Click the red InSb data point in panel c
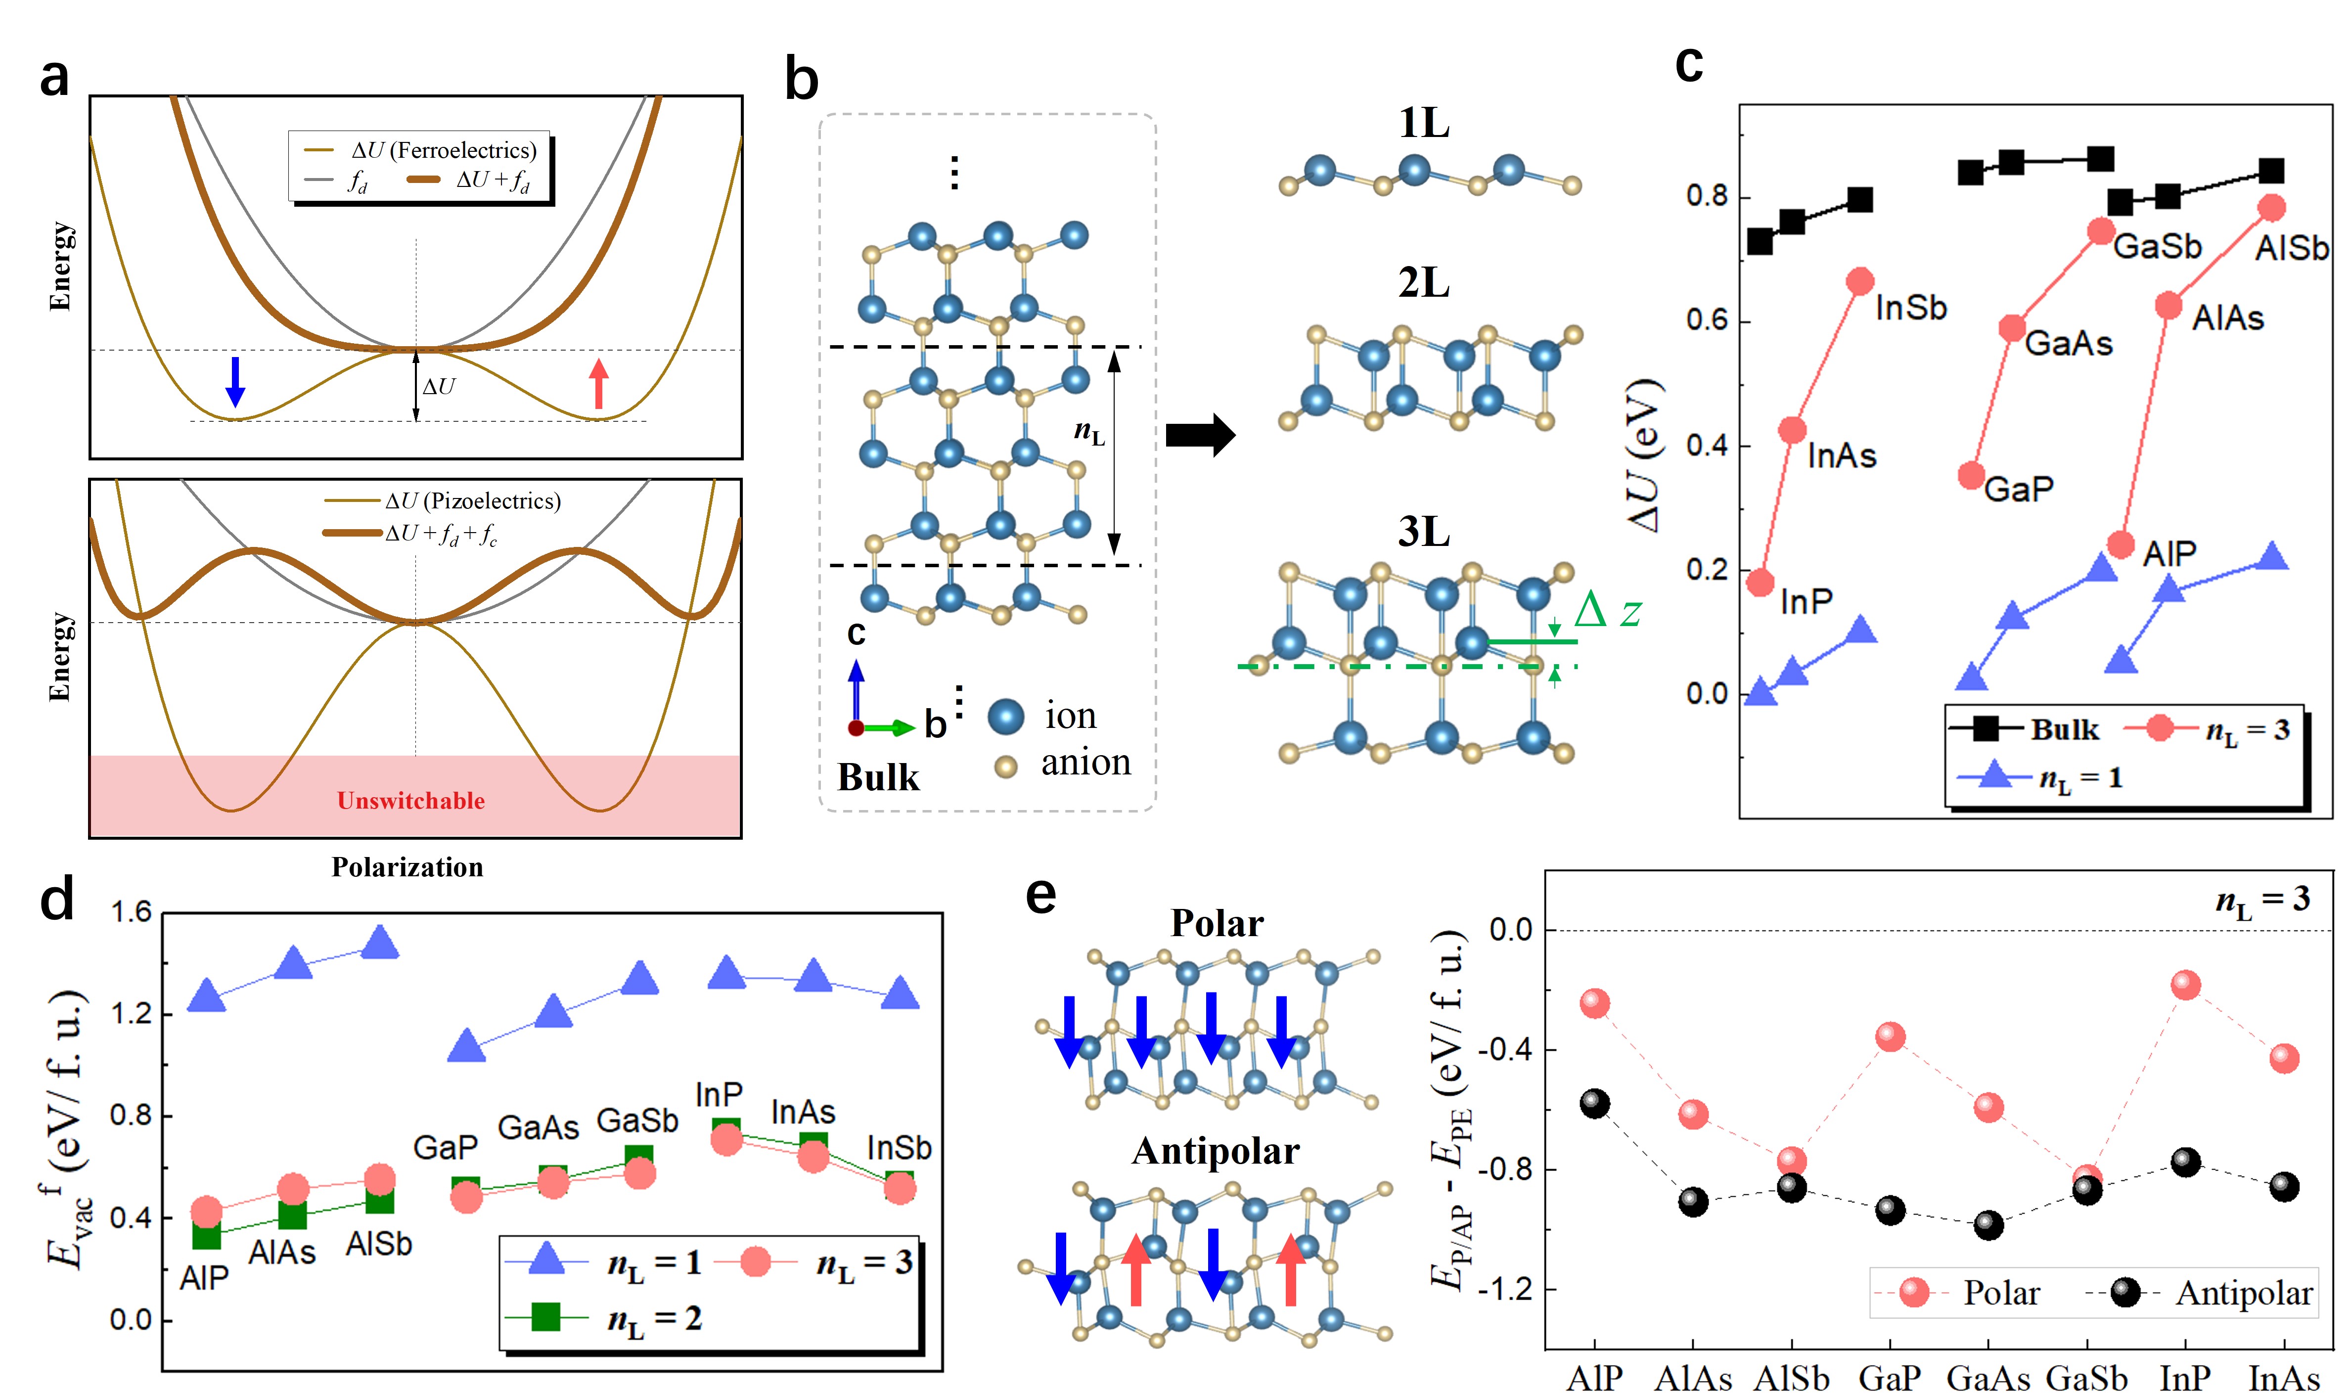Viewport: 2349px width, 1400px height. [x=1859, y=281]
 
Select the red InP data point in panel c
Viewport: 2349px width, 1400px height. [x=1761, y=582]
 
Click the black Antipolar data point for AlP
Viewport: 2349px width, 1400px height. [x=1594, y=1103]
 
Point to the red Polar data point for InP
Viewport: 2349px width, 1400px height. [x=2185, y=985]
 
